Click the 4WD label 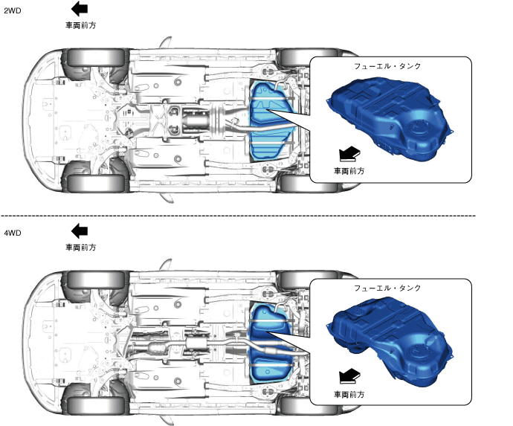point(13,233)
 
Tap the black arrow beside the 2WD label point(80,9)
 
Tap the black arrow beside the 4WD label point(80,231)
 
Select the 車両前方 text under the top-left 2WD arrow point(80,25)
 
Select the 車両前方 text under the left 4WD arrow point(80,247)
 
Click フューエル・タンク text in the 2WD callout point(388,66)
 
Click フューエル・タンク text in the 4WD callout point(388,287)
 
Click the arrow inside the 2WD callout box point(349,153)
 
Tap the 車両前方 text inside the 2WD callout point(349,170)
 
